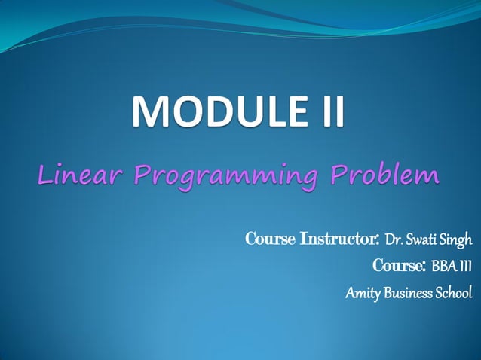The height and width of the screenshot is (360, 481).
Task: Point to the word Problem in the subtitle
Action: (388, 176)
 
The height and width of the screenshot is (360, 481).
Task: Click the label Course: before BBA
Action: (400, 266)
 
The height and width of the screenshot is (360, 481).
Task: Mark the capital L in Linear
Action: (44, 176)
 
